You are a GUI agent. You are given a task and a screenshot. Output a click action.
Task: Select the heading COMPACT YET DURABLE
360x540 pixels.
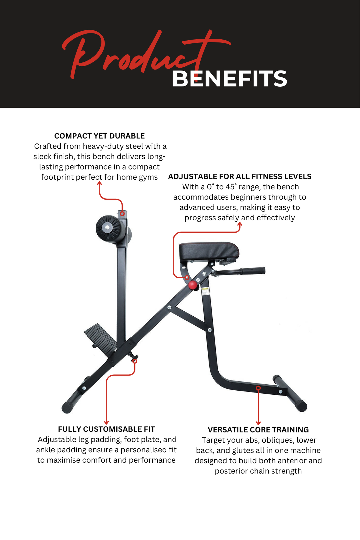click(99, 136)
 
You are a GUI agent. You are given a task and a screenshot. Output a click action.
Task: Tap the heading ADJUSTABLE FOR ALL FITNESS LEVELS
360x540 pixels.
click(239, 177)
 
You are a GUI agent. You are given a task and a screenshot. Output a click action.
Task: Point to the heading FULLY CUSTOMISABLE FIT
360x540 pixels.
click(106, 429)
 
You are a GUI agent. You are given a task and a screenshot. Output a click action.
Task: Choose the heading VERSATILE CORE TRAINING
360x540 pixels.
click(258, 430)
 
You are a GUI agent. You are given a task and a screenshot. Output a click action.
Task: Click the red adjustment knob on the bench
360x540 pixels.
click(193, 285)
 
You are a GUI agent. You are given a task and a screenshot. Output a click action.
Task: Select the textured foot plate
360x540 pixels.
click(100, 337)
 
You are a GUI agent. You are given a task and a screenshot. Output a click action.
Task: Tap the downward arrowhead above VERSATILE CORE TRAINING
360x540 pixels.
click(258, 423)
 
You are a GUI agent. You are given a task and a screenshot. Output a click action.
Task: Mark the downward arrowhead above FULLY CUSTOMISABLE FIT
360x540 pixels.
click(106, 422)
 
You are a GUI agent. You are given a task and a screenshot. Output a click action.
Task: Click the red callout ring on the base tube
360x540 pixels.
click(258, 388)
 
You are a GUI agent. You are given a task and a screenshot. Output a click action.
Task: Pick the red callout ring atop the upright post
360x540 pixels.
click(122, 214)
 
